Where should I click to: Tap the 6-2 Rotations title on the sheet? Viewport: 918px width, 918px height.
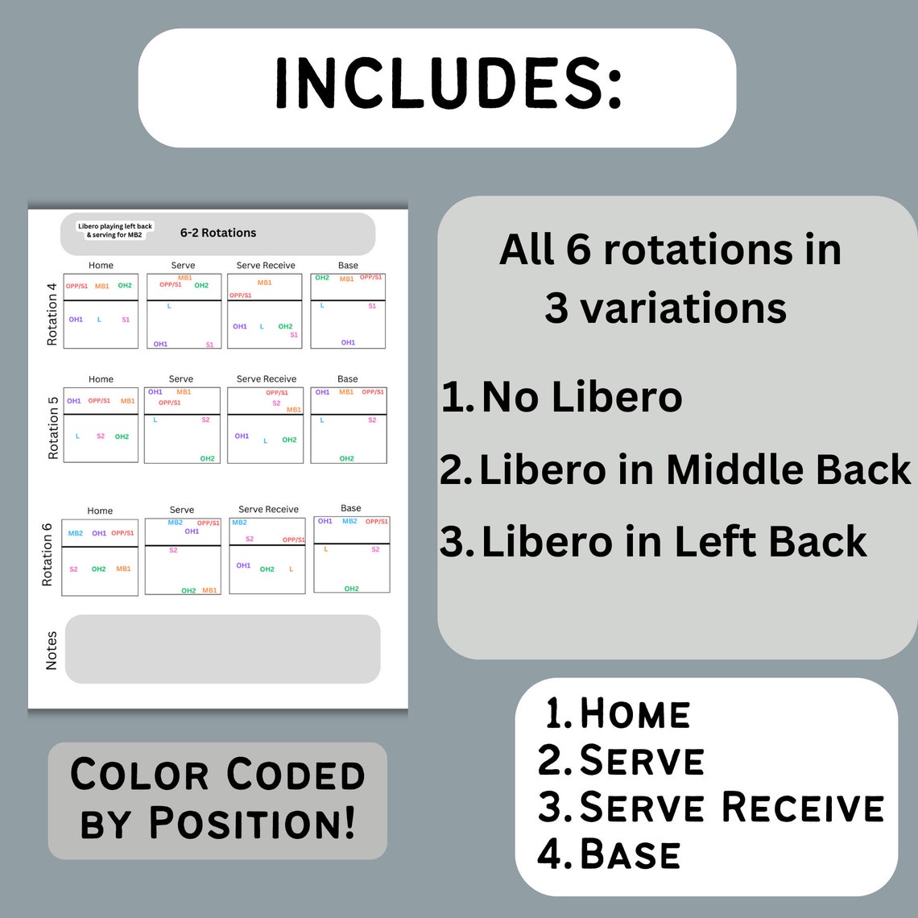coord(218,233)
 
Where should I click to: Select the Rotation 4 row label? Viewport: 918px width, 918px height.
coord(52,314)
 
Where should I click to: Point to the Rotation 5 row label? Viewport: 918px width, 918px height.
coord(53,428)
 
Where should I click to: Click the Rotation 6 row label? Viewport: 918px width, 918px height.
coord(47,555)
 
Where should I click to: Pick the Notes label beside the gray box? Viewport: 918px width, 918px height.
coord(52,651)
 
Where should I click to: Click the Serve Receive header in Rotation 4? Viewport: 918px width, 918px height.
coord(266,265)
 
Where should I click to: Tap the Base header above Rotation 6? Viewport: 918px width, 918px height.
coord(351,508)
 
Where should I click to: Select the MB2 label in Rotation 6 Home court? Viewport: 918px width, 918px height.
coord(76,533)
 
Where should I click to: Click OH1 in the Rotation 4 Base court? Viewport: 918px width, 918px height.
coord(348,342)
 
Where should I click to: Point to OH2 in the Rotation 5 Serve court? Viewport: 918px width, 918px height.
coord(207,458)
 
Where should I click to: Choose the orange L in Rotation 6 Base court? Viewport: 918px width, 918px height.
coord(325,549)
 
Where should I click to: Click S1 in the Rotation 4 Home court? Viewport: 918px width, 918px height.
coord(126,320)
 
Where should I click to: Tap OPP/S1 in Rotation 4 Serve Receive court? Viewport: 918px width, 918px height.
coord(240,296)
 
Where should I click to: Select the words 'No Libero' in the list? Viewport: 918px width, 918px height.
coord(581,397)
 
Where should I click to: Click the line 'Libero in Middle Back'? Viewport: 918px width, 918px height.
coord(694,470)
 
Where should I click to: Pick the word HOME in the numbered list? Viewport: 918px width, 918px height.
coord(635,714)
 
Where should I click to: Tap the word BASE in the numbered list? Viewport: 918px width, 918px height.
coord(630,854)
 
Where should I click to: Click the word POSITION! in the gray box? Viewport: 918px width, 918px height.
coord(252,824)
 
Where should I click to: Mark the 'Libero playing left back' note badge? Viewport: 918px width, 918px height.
coord(115,230)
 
